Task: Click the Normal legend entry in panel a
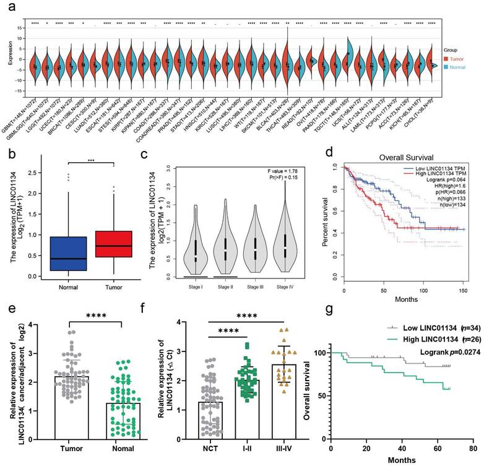point(466,65)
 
